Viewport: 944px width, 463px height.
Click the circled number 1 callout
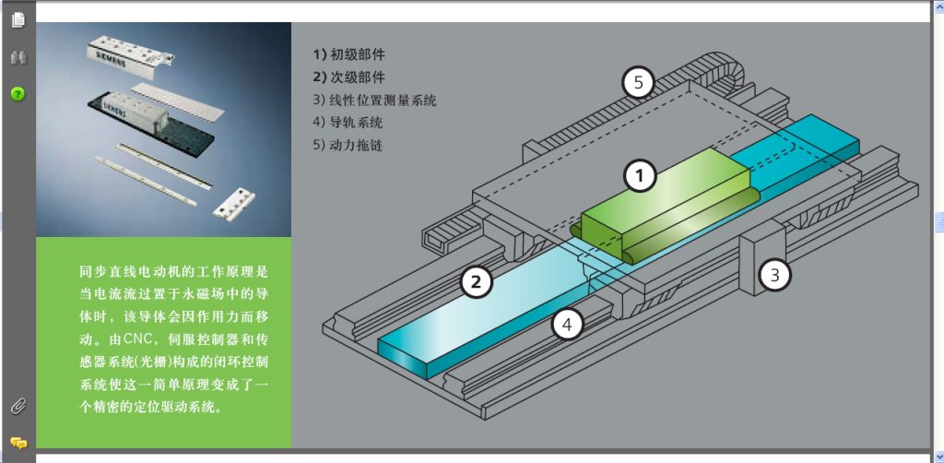640,176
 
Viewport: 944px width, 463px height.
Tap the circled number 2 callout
477,282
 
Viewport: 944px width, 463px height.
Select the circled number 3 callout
774,275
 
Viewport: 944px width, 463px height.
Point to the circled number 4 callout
567,326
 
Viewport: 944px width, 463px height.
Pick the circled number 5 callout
639,82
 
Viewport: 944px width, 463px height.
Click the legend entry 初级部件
348,54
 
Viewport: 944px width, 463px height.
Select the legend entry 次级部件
348,77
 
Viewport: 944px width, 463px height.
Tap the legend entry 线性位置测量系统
374,100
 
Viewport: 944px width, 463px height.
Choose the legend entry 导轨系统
348,123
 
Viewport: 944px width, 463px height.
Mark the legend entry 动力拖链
348,145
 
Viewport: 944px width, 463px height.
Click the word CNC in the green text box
138,339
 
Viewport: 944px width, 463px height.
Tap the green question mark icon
18,93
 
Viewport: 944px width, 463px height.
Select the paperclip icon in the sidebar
18,407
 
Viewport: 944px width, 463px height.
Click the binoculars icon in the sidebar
18,58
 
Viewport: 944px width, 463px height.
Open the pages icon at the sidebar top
18,19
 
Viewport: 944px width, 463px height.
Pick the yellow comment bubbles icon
18,444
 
